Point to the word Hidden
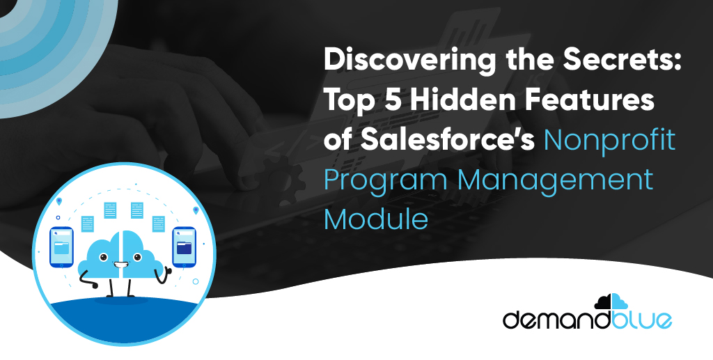click(x=467, y=102)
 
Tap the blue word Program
click(x=385, y=181)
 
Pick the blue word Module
click(x=375, y=219)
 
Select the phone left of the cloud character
click(x=61, y=247)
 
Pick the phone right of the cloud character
click(x=184, y=247)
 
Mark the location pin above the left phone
click(x=61, y=202)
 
